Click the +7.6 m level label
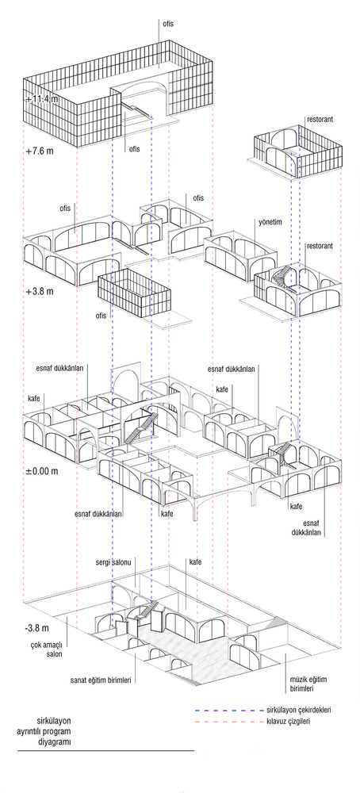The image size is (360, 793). [40, 151]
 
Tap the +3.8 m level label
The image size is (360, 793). [40, 292]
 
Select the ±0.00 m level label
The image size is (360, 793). [41, 471]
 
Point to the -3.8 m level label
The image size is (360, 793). [37, 629]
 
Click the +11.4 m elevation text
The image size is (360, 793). [41, 99]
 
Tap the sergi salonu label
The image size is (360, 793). [113, 562]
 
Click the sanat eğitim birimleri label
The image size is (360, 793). [101, 680]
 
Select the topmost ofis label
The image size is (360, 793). [168, 24]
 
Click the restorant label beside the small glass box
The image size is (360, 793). [320, 120]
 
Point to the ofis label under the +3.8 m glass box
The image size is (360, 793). [102, 316]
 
